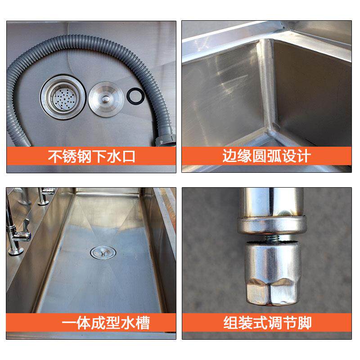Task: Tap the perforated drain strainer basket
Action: [63, 97]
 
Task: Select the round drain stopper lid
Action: [106, 99]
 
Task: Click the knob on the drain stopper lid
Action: [106, 99]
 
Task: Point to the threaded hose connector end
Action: [165, 140]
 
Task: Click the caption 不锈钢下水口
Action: [91, 156]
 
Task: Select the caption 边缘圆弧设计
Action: [267, 156]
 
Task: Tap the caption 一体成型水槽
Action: [106, 323]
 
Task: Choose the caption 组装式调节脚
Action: [267, 323]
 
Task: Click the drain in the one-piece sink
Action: [103, 252]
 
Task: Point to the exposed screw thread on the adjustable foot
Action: [272, 238]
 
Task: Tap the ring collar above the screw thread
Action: [272, 226]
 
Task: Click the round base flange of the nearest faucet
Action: [16, 251]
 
